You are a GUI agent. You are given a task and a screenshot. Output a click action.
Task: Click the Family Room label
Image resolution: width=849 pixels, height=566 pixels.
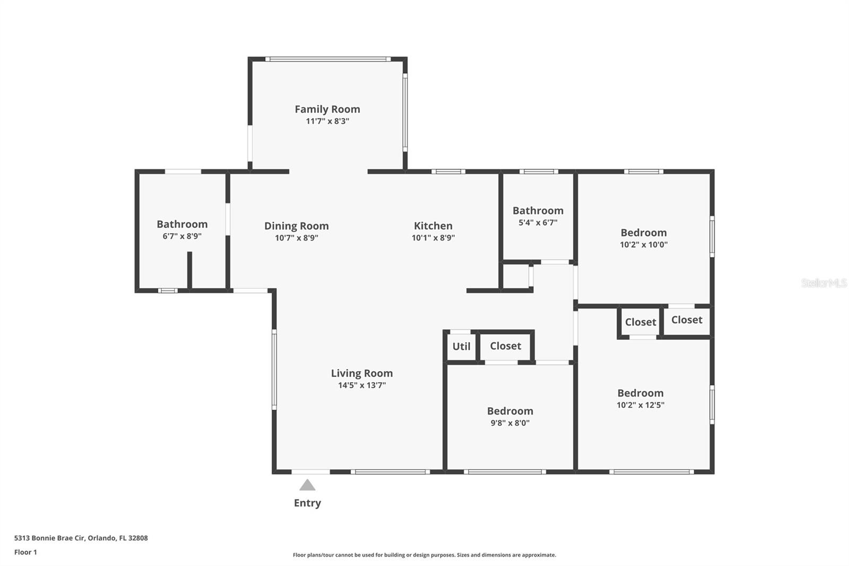[x=327, y=109]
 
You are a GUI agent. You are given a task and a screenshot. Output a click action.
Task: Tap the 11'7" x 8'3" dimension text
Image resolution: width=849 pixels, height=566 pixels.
[x=327, y=121]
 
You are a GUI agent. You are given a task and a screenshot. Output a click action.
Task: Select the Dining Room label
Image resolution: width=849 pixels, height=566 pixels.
[x=296, y=226]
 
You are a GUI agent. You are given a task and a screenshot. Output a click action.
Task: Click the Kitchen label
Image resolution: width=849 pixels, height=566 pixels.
[x=433, y=226]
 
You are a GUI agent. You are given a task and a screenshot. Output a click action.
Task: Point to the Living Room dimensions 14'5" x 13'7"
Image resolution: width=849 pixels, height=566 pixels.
[x=362, y=385]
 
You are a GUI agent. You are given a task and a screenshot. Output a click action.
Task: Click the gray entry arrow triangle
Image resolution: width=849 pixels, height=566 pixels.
[x=307, y=485]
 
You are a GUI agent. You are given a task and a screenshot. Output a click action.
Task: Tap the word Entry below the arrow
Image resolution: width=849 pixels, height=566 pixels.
[x=307, y=503]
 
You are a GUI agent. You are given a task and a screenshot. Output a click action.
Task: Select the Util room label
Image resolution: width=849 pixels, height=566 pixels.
[x=461, y=346]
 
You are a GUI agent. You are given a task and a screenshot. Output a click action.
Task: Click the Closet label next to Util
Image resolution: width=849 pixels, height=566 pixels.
[x=505, y=346]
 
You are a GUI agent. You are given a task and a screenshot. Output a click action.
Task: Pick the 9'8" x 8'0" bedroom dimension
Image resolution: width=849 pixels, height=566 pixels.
[x=510, y=423]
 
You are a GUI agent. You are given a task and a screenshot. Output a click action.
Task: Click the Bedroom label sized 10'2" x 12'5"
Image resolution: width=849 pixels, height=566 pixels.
[x=640, y=393]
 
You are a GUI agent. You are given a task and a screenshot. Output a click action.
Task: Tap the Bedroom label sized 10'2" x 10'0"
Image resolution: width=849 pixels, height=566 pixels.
[x=644, y=233]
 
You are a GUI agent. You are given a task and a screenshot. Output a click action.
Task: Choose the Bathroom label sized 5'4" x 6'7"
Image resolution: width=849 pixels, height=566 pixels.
[x=538, y=210]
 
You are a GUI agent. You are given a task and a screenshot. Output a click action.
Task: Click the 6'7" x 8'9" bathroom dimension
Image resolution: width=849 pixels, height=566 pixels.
[x=182, y=236]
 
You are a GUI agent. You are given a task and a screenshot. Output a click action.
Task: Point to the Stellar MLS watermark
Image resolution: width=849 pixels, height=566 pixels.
[x=824, y=283]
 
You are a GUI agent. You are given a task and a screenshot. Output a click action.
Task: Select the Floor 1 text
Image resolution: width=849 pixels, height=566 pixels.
[x=25, y=552]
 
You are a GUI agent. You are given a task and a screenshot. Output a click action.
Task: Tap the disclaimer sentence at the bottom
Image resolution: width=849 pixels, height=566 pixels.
[x=424, y=555]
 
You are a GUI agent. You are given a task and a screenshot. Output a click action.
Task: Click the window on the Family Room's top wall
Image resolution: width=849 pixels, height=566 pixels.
[x=328, y=59]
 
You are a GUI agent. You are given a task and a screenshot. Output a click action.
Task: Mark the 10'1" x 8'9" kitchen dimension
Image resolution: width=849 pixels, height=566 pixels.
[x=433, y=238]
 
